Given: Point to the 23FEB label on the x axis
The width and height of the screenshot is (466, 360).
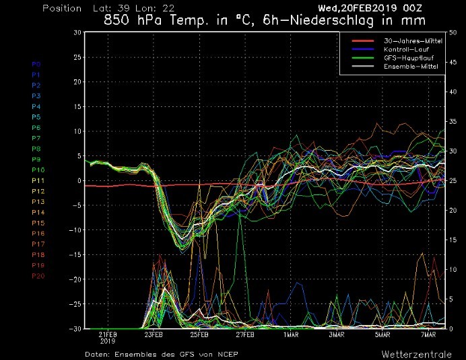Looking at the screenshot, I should pos(154,334).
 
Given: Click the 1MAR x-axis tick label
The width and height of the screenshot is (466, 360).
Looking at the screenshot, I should pos(291,334).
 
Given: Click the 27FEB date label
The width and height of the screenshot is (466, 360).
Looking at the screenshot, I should pos(245,334).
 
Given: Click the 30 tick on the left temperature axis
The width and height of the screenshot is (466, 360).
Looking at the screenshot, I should pos(77,32).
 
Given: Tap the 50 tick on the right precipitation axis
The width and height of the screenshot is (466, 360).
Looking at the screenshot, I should pos(452,32).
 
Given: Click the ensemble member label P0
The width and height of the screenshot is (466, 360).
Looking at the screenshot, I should pos(36,64).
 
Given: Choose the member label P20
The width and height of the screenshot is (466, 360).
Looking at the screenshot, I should pos(38,276).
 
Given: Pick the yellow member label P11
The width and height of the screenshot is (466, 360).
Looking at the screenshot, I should pos(38,180).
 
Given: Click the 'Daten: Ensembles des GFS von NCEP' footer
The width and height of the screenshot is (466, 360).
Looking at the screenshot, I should pos(161,353).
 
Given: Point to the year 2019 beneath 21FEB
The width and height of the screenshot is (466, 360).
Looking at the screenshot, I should pos(108,341).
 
